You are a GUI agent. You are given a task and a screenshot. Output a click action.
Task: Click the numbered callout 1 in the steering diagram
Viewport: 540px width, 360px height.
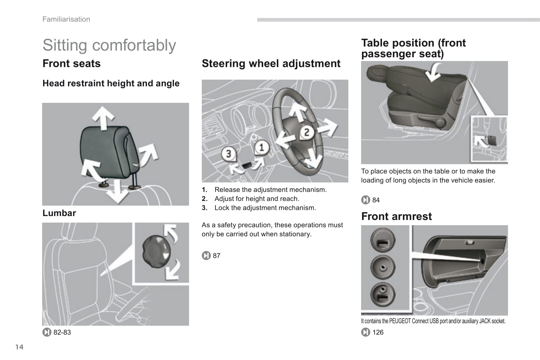tap(262, 148)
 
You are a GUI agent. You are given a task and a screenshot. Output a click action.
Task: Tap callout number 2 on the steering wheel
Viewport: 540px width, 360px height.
tap(307, 133)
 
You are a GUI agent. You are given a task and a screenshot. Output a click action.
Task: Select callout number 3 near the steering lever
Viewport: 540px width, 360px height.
tap(229, 153)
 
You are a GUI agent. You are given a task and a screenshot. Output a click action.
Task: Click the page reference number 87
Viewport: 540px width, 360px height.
tap(216, 256)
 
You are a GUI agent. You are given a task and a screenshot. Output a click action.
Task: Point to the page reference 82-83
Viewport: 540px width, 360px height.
tap(62, 332)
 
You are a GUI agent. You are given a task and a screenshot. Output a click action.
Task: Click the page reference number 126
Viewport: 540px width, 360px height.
tap(378, 332)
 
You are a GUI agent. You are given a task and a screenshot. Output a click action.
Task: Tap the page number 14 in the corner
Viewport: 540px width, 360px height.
tap(20, 347)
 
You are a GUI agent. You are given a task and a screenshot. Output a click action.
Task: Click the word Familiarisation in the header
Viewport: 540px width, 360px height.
tap(66, 19)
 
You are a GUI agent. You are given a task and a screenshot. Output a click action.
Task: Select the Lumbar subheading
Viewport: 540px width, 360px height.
tap(59, 213)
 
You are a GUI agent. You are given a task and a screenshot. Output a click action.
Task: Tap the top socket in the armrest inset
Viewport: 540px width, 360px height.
tap(383, 240)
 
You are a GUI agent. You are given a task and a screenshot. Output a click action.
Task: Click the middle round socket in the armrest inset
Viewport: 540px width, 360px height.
tap(383, 268)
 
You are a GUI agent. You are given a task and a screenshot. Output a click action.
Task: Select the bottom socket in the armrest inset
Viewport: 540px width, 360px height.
tap(383, 294)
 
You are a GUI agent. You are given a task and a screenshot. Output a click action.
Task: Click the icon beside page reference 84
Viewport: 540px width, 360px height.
tap(366, 200)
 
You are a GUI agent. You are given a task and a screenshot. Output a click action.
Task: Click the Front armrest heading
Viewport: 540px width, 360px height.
tap(396, 216)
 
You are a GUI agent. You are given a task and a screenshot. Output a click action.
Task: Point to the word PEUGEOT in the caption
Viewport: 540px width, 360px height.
tap(400, 321)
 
